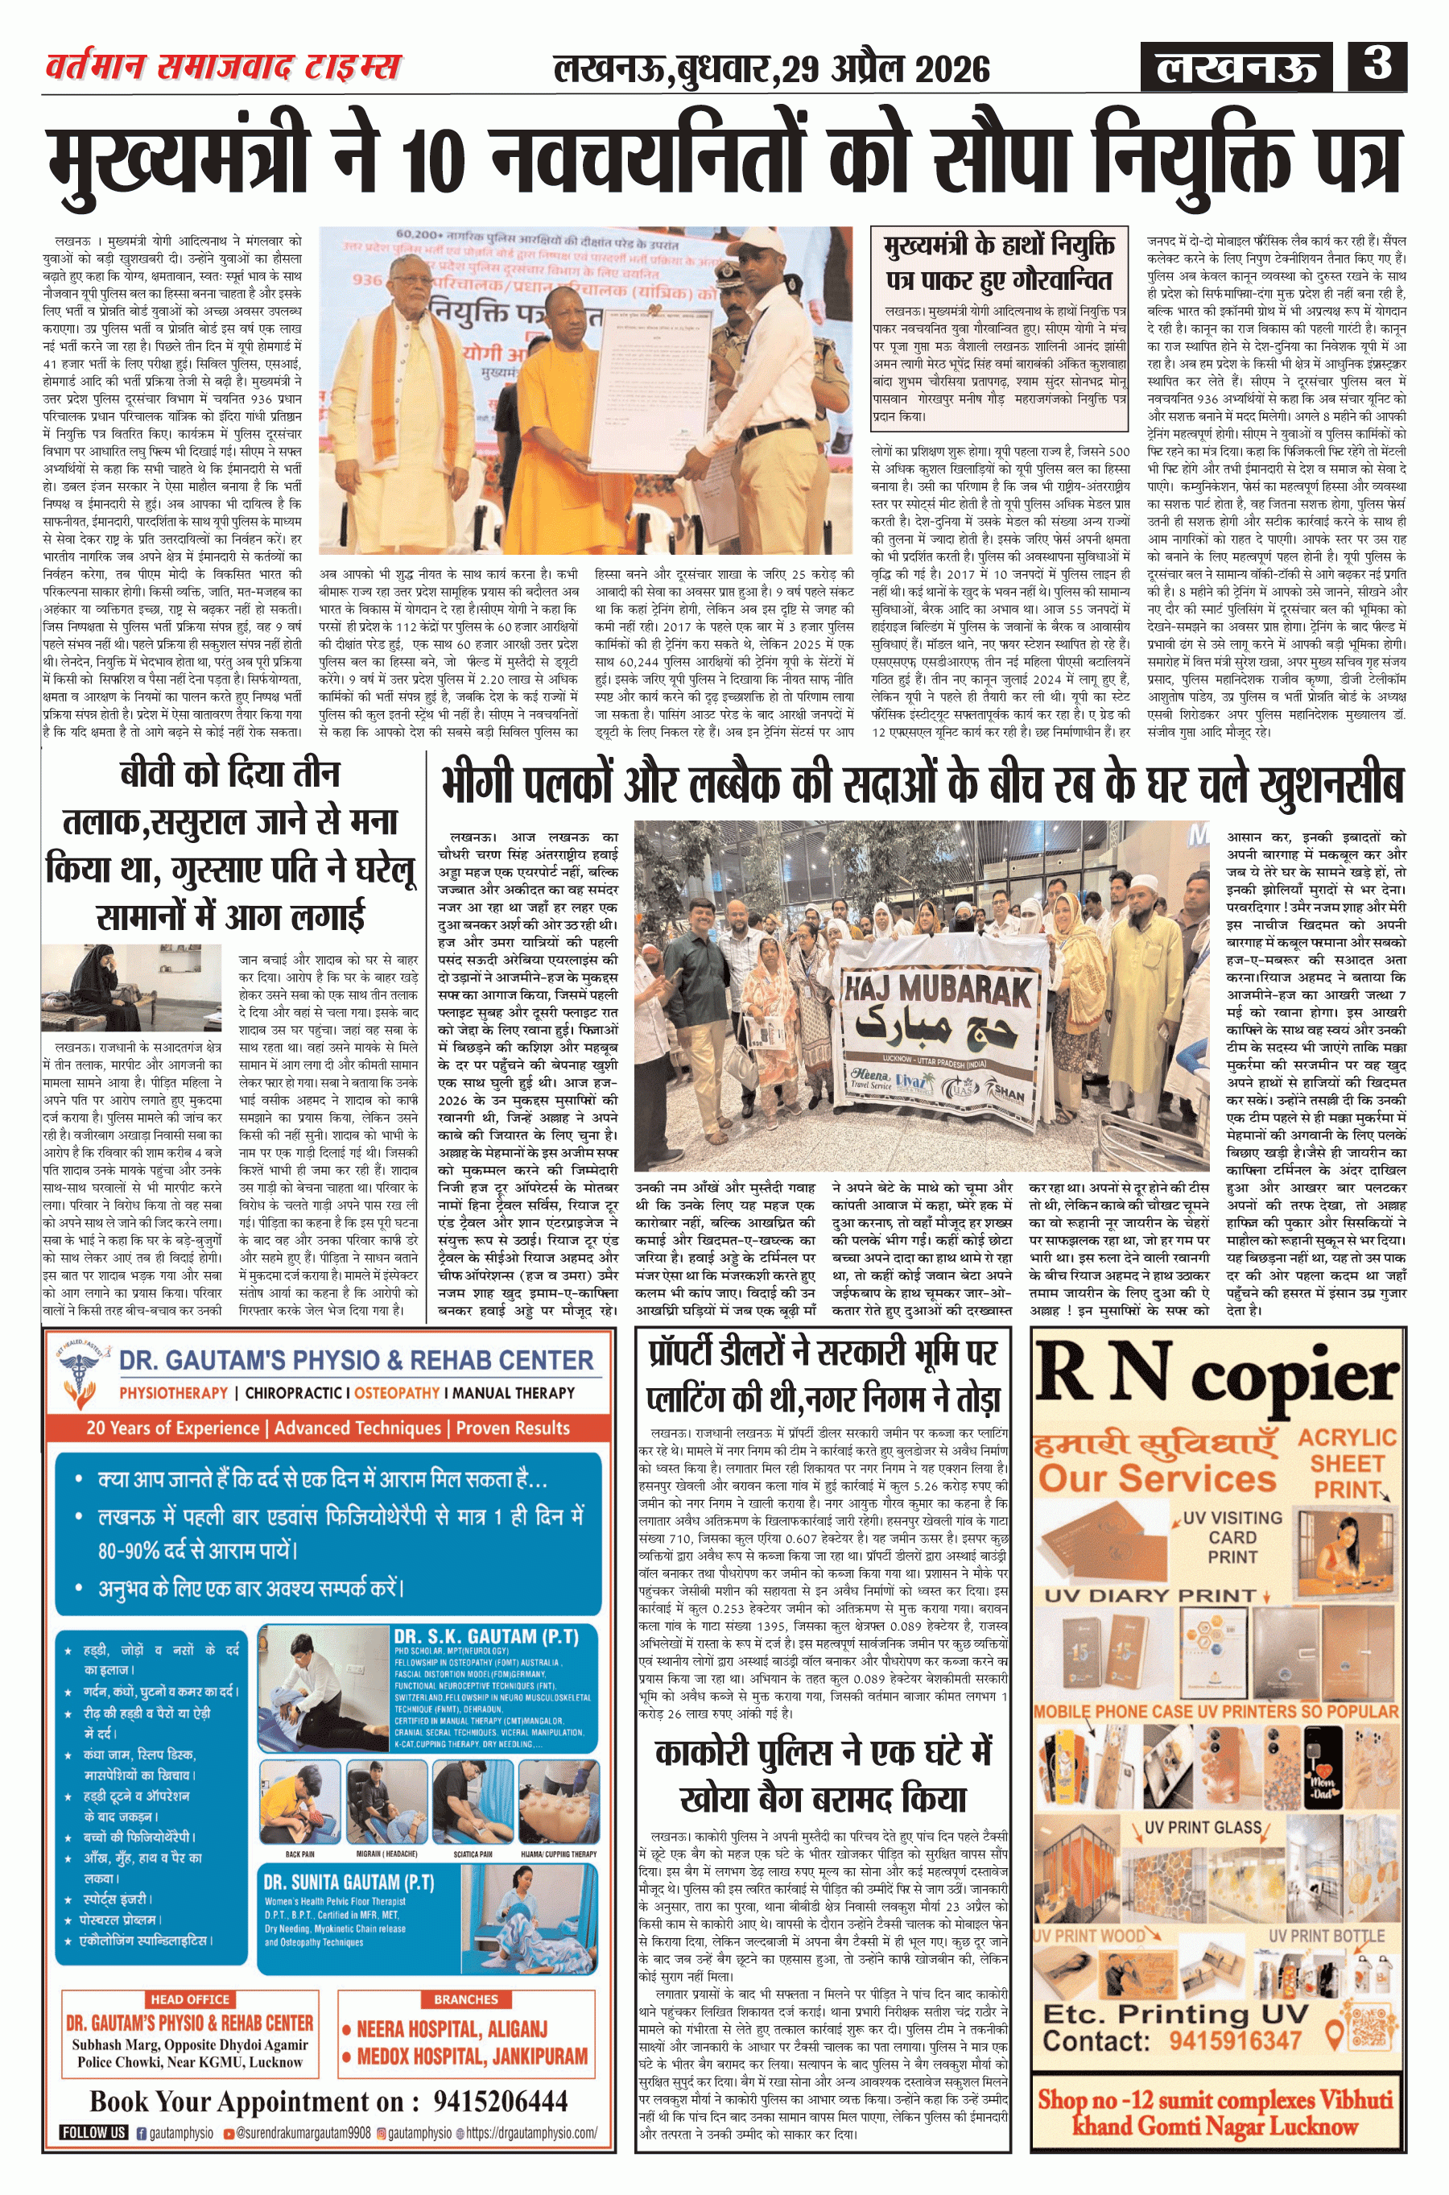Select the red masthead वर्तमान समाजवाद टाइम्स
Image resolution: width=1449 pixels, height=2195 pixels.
223,68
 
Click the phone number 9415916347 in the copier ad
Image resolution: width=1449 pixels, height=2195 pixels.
1235,2040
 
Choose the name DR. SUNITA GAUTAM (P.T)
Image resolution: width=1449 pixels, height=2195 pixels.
348,1883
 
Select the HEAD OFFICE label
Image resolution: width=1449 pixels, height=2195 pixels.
189,1999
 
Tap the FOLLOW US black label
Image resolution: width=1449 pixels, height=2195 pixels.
93,2132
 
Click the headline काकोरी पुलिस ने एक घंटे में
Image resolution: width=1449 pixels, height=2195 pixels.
823,1752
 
